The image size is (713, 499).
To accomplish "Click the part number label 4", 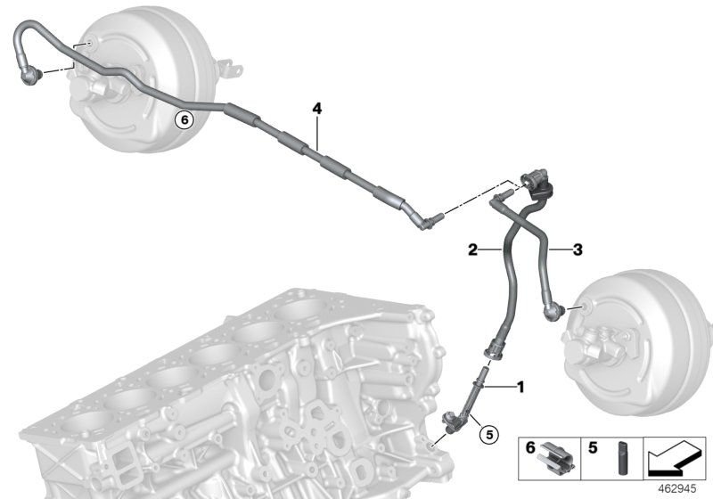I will tap(316, 109).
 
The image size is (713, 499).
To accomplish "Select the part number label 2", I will tap(474, 251).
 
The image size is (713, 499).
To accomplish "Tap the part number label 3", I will tap(578, 251).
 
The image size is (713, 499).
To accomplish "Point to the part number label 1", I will tap(521, 387).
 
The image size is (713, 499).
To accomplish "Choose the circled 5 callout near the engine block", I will tap(487, 436).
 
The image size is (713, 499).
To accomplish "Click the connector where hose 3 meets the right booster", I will tap(555, 309).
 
